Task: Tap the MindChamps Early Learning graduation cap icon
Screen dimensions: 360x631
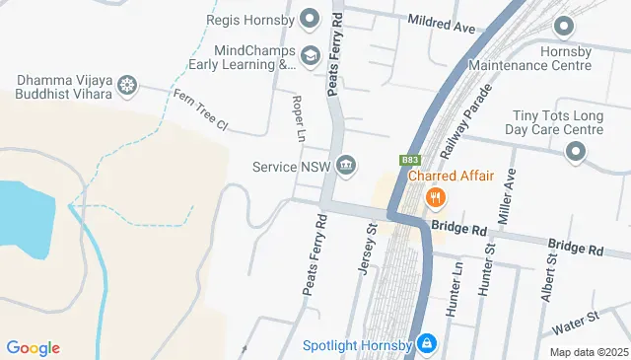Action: (x=311, y=55)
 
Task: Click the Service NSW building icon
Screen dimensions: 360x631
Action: (x=345, y=165)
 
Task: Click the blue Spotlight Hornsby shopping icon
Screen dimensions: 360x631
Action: (x=426, y=344)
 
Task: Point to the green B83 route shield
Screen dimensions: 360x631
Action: (x=411, y=159)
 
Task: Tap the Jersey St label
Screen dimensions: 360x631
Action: (x=369, y=254)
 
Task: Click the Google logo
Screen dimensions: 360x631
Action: (x=33, y=347)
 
